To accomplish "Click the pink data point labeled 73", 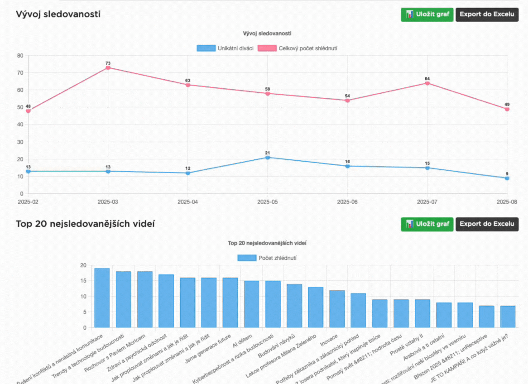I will (x=108, y=67).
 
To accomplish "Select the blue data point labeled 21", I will (x=268, y=158).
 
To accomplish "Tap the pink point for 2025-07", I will (x=427, y=83).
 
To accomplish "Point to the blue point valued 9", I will (x=507, y=178).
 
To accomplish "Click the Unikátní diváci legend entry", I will (x=225, y=48).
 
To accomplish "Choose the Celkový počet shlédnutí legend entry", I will (x=298, y=48).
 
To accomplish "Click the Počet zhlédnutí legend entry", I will (x=267, y=258).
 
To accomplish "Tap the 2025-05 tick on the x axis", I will (x=268, y=202).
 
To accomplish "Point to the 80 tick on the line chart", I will (x=20, y=56).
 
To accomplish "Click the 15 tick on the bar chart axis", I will (x=83, y=281).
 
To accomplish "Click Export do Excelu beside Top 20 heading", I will (x=487, y=224).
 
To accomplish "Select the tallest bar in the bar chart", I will (x=102, y=298).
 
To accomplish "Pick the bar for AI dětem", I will (x=251, y=304).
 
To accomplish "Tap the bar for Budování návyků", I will (x=294, y=306).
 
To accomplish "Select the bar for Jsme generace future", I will (x=230, y=302).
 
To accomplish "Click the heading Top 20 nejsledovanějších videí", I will (x=85, y=224).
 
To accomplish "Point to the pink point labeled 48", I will (x=28, y=110).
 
